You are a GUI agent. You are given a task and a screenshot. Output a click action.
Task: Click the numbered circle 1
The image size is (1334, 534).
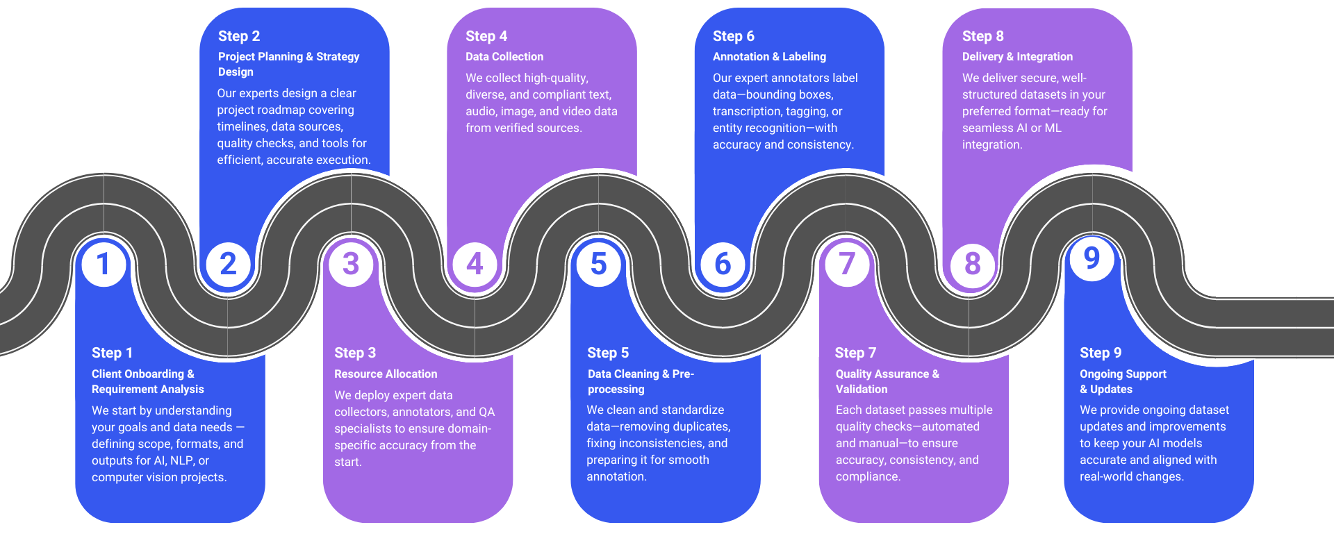click(104, 264)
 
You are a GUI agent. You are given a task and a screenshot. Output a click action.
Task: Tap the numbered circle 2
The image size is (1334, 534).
click(228, 264)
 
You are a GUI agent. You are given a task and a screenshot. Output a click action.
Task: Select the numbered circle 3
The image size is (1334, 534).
click(351, 264)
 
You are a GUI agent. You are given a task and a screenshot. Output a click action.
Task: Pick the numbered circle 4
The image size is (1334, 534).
click(475, 264)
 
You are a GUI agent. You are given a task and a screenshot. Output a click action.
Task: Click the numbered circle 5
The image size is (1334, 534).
click(598, 264)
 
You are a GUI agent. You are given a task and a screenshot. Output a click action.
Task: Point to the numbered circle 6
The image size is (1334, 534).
click(723, 264)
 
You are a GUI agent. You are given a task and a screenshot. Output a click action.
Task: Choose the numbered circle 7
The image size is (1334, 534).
click(846, 264)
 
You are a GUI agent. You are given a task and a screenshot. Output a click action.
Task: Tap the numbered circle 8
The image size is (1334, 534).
click(972, 264)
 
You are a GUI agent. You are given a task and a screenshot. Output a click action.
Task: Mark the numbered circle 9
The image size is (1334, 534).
click(1092, 258)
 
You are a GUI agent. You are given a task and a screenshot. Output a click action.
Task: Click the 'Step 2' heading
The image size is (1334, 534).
click(239, 36)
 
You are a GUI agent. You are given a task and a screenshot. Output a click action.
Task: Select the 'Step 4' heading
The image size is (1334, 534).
click(486, 36)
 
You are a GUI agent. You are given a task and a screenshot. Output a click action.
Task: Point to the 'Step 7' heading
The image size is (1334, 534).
click(855, 353)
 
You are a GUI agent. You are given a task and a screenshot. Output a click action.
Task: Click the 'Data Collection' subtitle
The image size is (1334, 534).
click(504, 57)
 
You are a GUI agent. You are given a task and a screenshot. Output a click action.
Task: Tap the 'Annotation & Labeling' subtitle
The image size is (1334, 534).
click(769, 57)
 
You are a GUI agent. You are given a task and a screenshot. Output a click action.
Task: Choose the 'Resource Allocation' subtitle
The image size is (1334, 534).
click(386, 374)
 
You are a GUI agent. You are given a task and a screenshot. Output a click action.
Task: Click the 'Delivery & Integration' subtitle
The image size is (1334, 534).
click(1017, 57)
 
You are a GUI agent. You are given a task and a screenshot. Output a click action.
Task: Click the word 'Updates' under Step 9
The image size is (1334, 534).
click(1111, 389)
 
